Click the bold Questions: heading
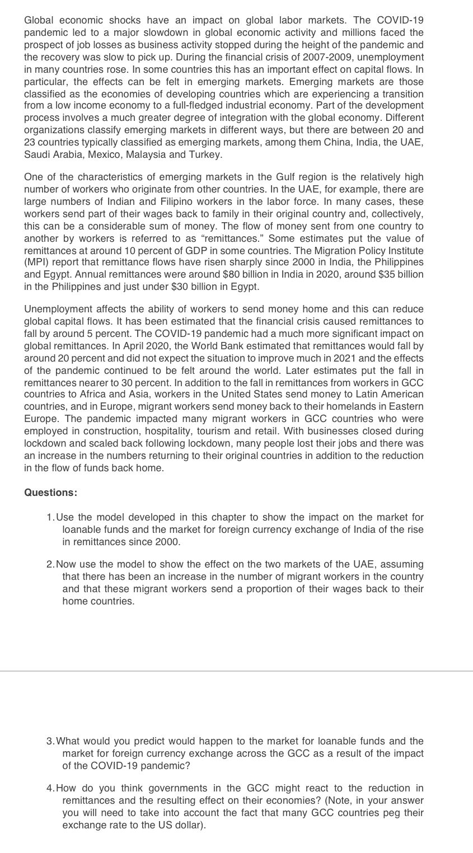pyautogui.click(x=51, y=493)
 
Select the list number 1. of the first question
pyautogui.click(x=51, y=517)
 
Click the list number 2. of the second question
pyautogui.click(x=51, y=564)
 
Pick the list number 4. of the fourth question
pyautogui.click(x=51, y=788)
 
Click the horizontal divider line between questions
pyautogui.click(x=236, y=671)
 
